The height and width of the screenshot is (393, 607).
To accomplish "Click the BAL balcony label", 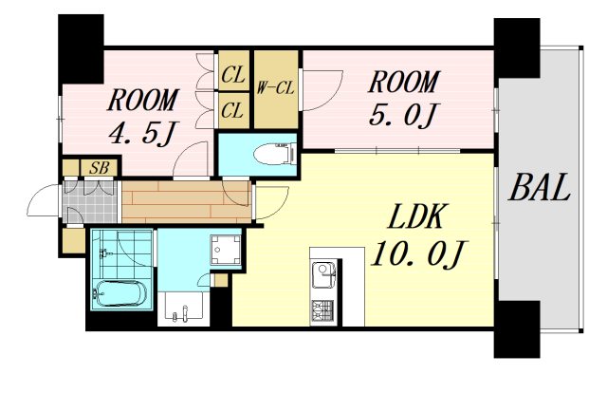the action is (540, 188).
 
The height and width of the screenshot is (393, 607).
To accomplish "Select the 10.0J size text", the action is (417, 254).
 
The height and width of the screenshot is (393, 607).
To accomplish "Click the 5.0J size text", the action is (402, 114).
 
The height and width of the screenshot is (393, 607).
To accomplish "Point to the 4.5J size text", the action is (142, 132).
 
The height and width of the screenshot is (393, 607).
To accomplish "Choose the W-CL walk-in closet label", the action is (276, 88).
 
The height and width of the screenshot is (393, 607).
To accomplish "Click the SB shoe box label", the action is (99, 168).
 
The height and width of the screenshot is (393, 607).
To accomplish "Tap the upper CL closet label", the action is (232, 74).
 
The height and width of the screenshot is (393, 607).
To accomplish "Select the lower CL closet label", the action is (232, 110).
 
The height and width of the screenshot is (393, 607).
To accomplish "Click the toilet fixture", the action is (275, 154).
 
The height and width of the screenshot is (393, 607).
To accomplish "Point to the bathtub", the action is (120, 293).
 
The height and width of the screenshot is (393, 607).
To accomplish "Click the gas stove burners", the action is (322, 311).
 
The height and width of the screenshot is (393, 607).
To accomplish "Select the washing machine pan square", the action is (226, 250).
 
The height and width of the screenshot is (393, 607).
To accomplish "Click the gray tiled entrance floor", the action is (90, 201).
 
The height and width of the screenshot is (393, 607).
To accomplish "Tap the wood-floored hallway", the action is (187, 202).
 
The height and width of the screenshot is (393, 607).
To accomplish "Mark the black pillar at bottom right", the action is (517, 329).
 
